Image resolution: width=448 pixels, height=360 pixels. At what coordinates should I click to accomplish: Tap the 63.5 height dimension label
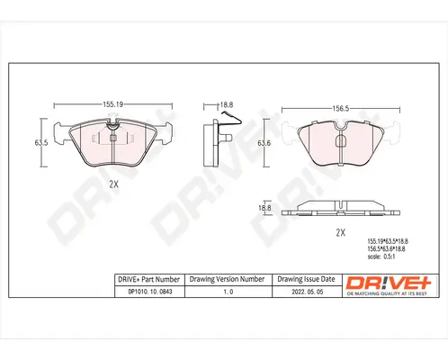click(40, 142)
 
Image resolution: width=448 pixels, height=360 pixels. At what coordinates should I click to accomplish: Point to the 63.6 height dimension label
click(264, 143)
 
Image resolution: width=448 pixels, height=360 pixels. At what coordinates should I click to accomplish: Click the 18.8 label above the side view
click(227, 104)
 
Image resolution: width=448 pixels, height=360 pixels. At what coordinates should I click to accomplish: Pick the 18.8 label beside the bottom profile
click(264, 208)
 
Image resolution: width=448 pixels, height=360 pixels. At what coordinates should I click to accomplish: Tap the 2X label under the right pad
click(341, 231)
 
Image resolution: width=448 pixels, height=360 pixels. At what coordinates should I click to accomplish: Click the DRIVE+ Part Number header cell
click(149, 280)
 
